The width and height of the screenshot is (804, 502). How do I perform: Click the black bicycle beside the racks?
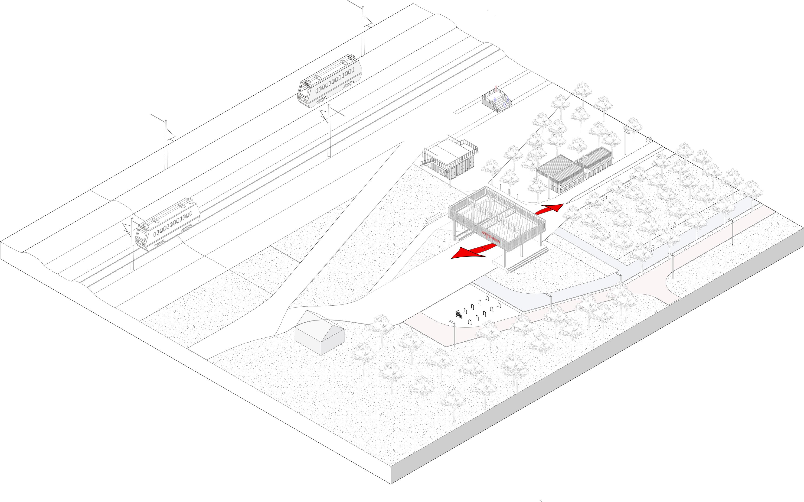pyautogui.click(x=459, y=314)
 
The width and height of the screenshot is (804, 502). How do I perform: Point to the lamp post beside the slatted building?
pyautogui.click(x=626, y=143)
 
